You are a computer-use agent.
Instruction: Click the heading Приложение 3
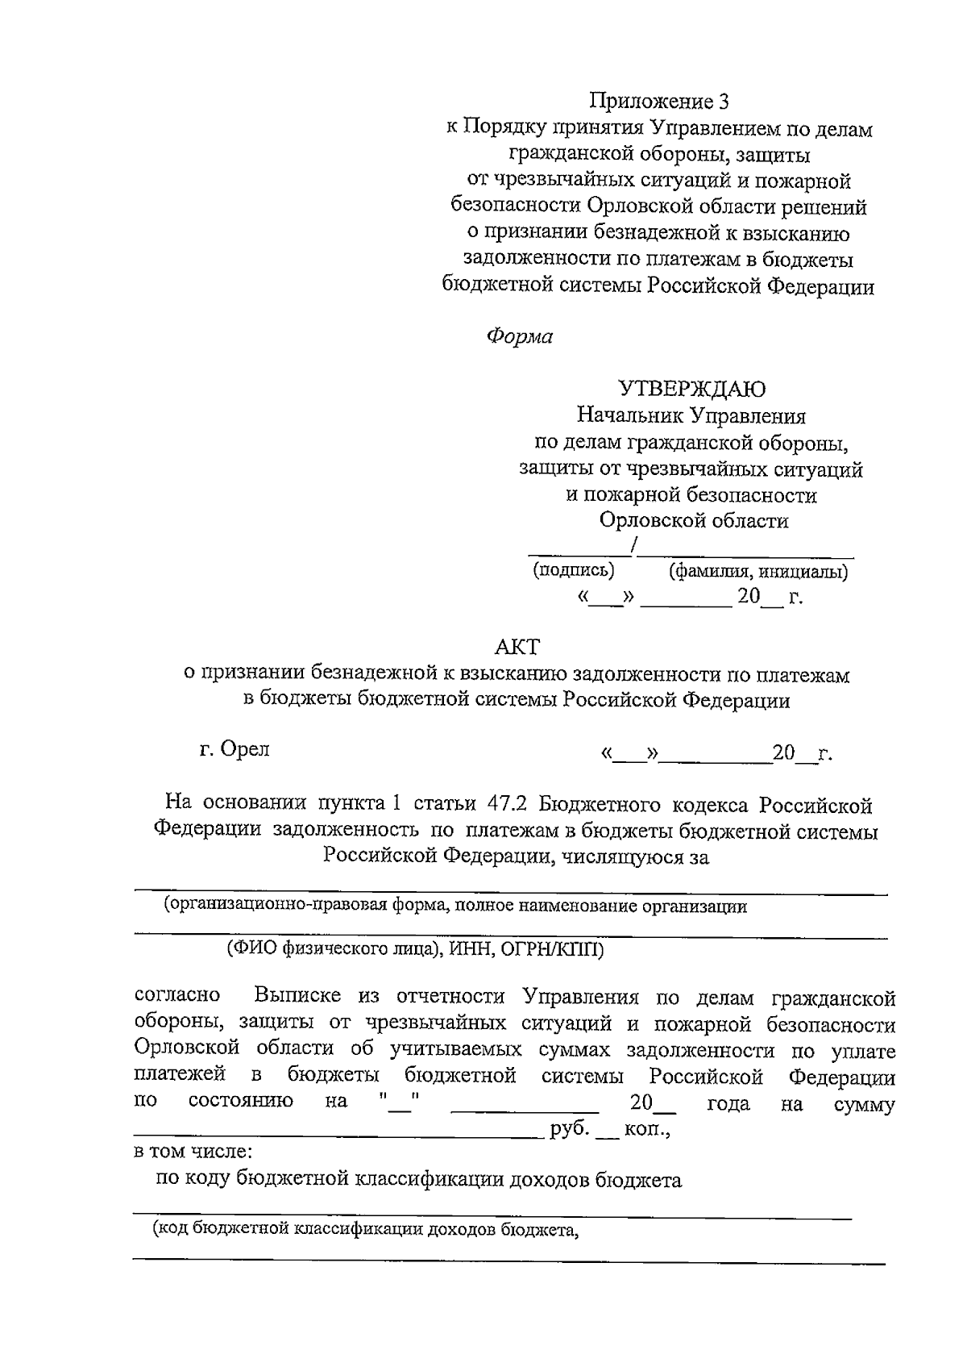tap(659, 102)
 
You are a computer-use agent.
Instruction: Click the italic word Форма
tap(520, 337)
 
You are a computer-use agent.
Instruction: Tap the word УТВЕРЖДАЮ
tap(691, 390)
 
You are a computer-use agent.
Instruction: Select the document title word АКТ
tap(517, 647)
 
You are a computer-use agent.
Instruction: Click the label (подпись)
tap(573, 570)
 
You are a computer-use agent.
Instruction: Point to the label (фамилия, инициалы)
tap(757, 572)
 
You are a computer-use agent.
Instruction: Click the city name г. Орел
tap(234, 749)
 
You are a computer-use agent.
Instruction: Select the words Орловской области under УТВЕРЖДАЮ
tap(693, 521)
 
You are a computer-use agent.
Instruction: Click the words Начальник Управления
tap(691, 416)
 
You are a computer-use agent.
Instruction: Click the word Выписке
tap(301, 997)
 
